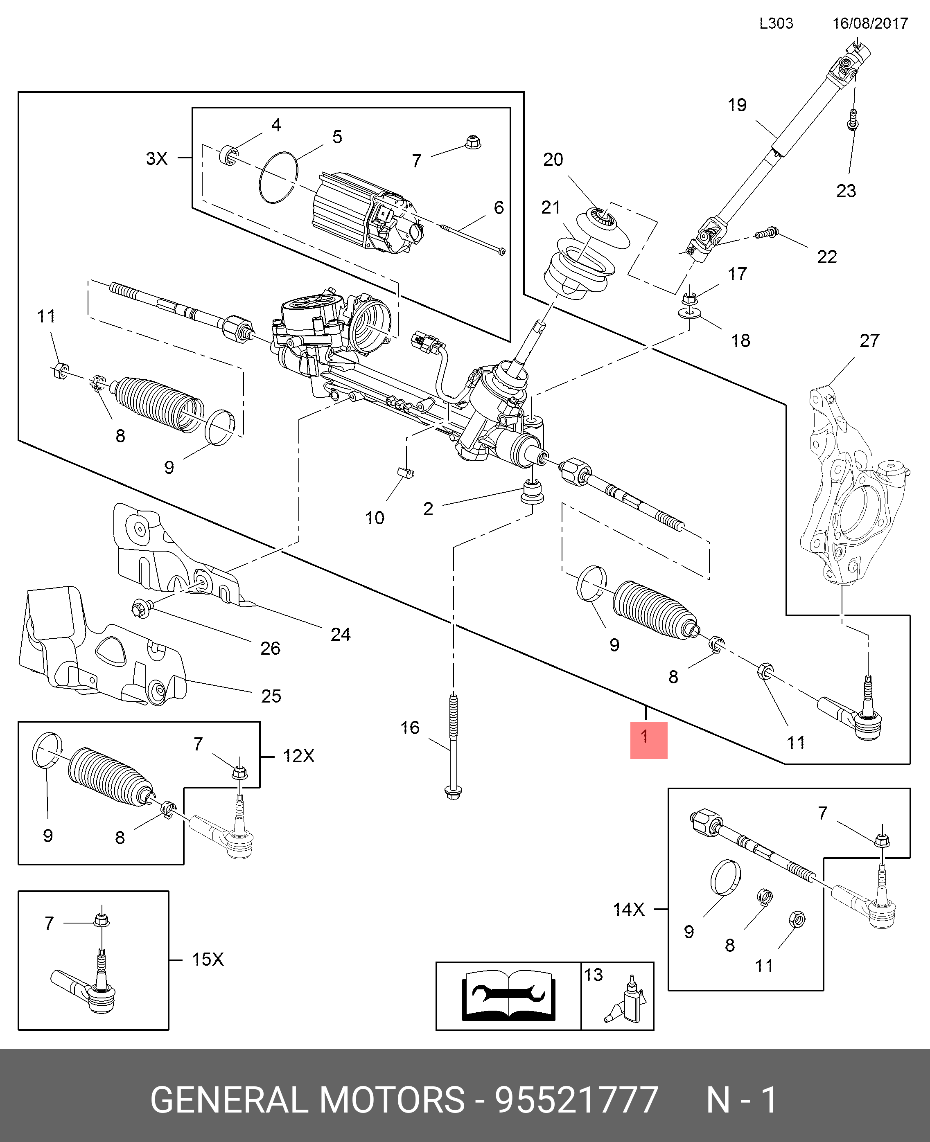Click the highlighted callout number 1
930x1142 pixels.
(648, 739)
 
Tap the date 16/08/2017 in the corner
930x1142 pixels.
(869, 24)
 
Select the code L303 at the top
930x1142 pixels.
(776, 24)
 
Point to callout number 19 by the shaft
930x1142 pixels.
(737, 106)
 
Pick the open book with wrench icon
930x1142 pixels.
(508, 996)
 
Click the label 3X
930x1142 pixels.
(157, 158)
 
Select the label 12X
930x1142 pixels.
(298, 756)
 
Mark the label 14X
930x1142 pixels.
(628, 909)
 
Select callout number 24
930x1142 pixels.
(340, 635)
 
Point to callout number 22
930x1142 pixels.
(826, 257)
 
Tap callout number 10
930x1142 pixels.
(375, 518)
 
